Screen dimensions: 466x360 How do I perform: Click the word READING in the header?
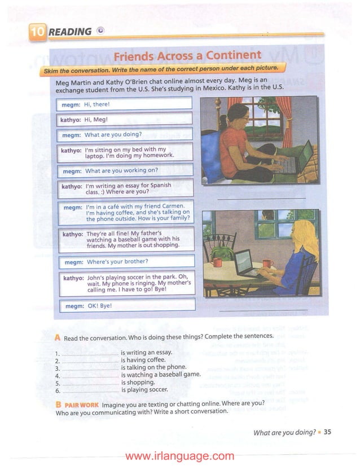(70, 32)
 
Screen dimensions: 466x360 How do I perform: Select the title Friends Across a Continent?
(187, 56)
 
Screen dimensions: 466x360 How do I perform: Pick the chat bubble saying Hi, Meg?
(125, 120)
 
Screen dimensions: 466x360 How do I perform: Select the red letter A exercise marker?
(58, 337)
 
